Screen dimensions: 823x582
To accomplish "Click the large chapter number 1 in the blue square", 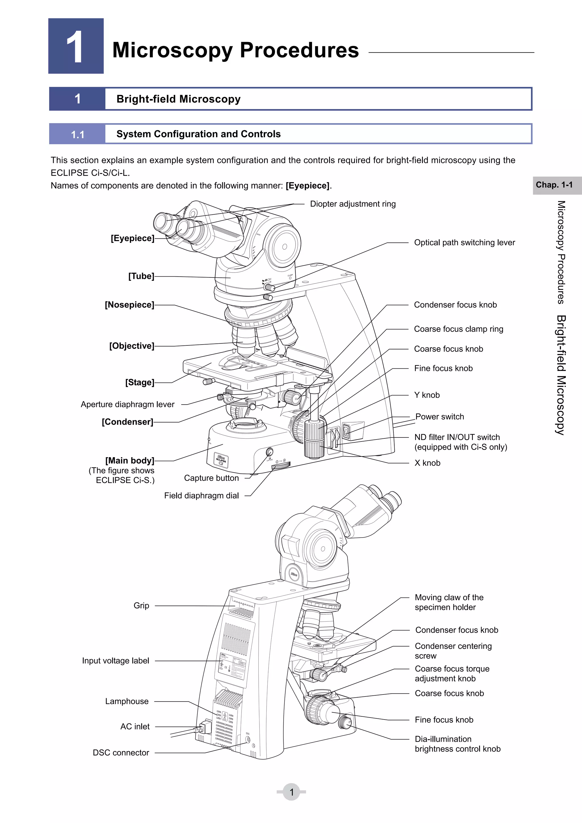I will [x=75, y=47].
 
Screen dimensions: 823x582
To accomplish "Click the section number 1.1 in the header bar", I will [x=77, y=134].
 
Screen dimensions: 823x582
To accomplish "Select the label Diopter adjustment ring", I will [x=353, y=204].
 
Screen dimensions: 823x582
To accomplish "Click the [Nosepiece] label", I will [x=129, y=305].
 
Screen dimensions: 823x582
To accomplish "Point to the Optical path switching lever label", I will [x=464, y=243].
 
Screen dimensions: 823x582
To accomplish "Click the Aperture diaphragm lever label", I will [x=128, y=404].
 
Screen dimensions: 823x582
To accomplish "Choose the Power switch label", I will [x=439, y=416].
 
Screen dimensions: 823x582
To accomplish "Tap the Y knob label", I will [x=427, y=395].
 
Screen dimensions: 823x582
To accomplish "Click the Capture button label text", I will [x=211, y=478].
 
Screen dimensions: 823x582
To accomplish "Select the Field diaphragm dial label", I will [x=201, y=496].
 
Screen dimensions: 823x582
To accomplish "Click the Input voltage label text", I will [x=115, y=661].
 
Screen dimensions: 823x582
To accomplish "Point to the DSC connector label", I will [x=121, y=753].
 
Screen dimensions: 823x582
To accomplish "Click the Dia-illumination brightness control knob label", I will [x=457, y=744].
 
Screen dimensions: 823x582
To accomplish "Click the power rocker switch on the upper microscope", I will [x=346, y=431].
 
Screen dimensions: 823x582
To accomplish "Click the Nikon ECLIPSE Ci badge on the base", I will [x=221, y=460].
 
